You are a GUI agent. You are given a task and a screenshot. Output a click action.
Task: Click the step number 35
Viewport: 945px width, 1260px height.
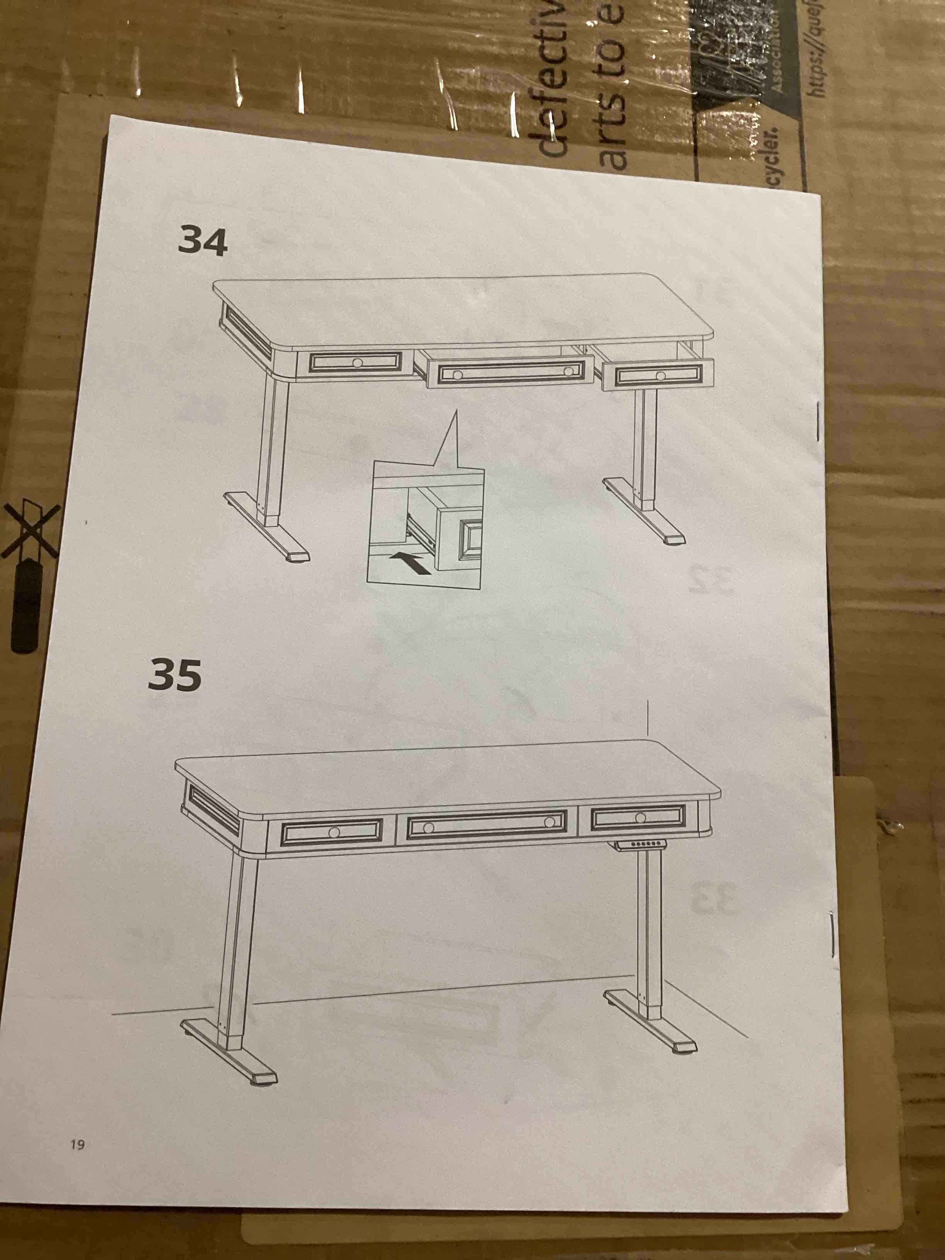point(174,676)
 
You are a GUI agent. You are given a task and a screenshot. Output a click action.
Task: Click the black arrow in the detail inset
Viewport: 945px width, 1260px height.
point(410,564)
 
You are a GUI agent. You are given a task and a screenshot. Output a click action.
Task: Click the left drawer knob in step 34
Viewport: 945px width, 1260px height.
point(357,363)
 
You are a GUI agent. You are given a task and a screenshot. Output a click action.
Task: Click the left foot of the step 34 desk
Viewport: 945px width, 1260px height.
point(268,530)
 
